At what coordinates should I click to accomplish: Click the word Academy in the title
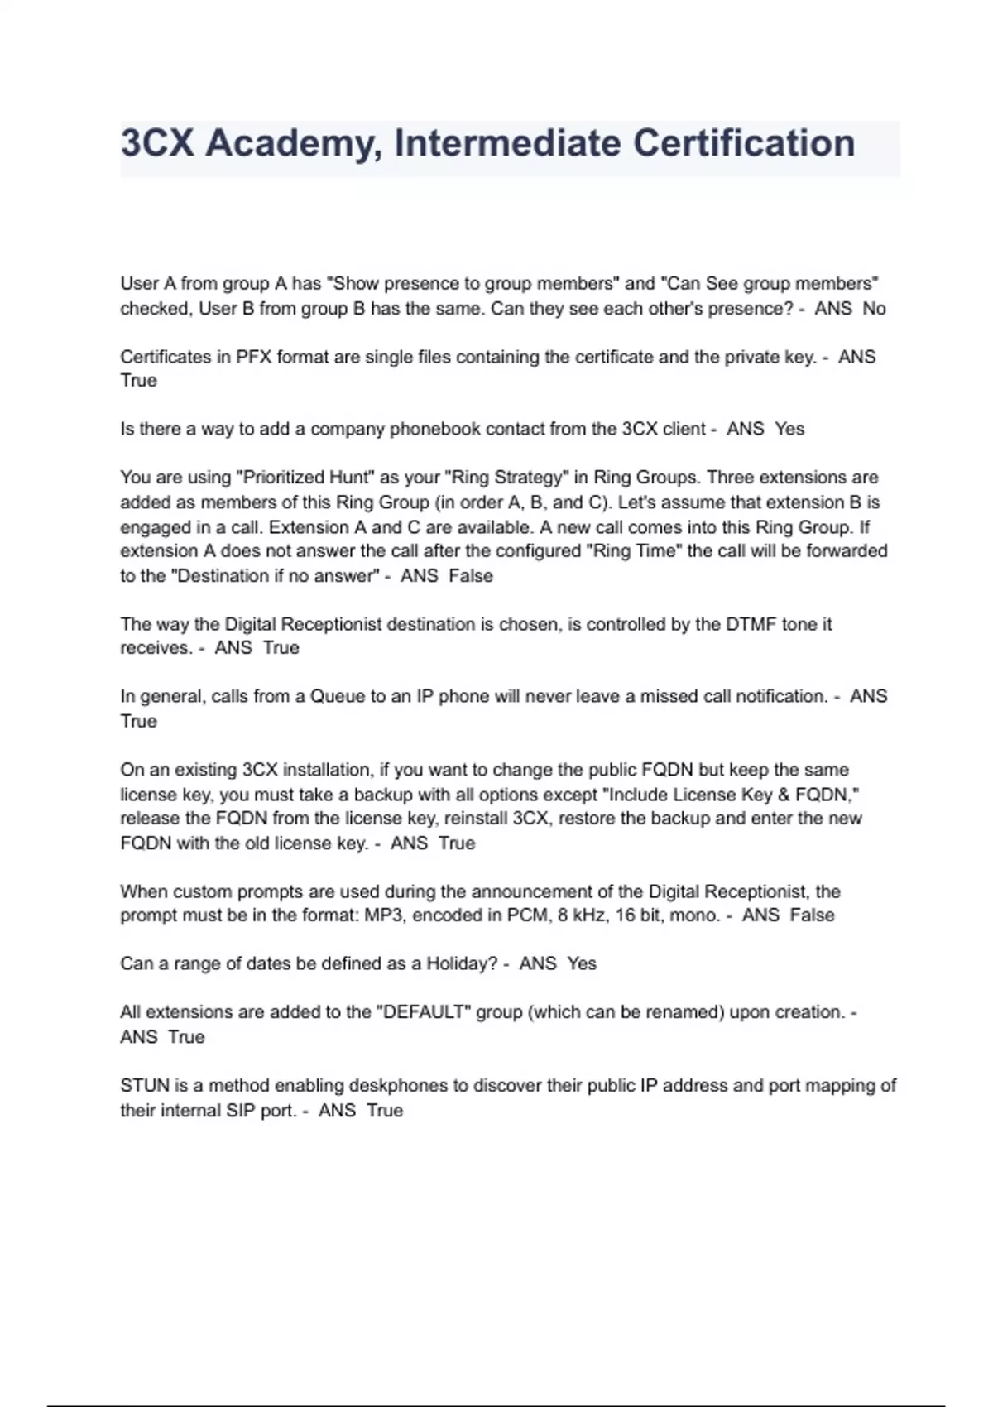coord(293,143)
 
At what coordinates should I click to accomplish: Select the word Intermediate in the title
coord(507,143)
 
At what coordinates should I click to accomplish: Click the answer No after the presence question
coord(874,309)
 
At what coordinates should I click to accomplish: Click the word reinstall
coord(476,819)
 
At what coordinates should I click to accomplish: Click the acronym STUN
coord(144,1086)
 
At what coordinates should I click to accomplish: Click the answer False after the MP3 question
coord(812,915)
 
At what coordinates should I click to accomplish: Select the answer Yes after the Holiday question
coord(582,964)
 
